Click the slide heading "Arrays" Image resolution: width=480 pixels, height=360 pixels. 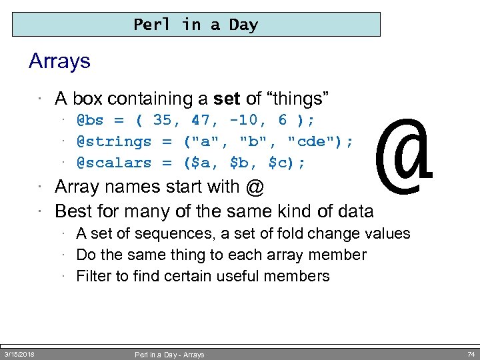pos(59,62)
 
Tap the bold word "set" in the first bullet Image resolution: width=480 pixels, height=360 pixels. pos(227,99)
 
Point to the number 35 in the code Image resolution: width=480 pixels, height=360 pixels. pos(162,121)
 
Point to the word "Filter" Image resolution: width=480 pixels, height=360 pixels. pos(95,276)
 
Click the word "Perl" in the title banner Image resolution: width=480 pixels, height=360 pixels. pos(151,25)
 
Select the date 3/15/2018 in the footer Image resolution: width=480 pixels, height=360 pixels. pos(19,354)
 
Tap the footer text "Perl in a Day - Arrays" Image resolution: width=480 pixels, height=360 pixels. pos(169,355)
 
